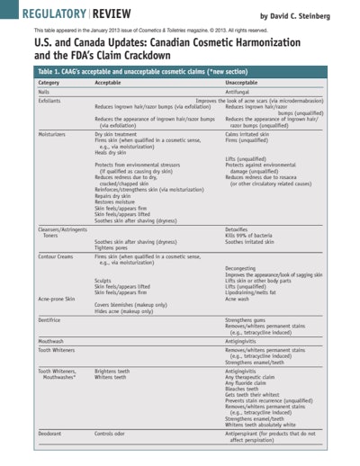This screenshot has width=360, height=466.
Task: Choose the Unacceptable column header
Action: point(243,82)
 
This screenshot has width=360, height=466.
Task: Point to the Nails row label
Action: point(42,92)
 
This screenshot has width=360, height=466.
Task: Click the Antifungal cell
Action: point(238,92)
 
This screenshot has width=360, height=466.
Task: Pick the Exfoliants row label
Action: point(49,100)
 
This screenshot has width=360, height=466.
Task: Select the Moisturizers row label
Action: point(52,133)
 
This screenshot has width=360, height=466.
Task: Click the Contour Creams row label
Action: point(57,256)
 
